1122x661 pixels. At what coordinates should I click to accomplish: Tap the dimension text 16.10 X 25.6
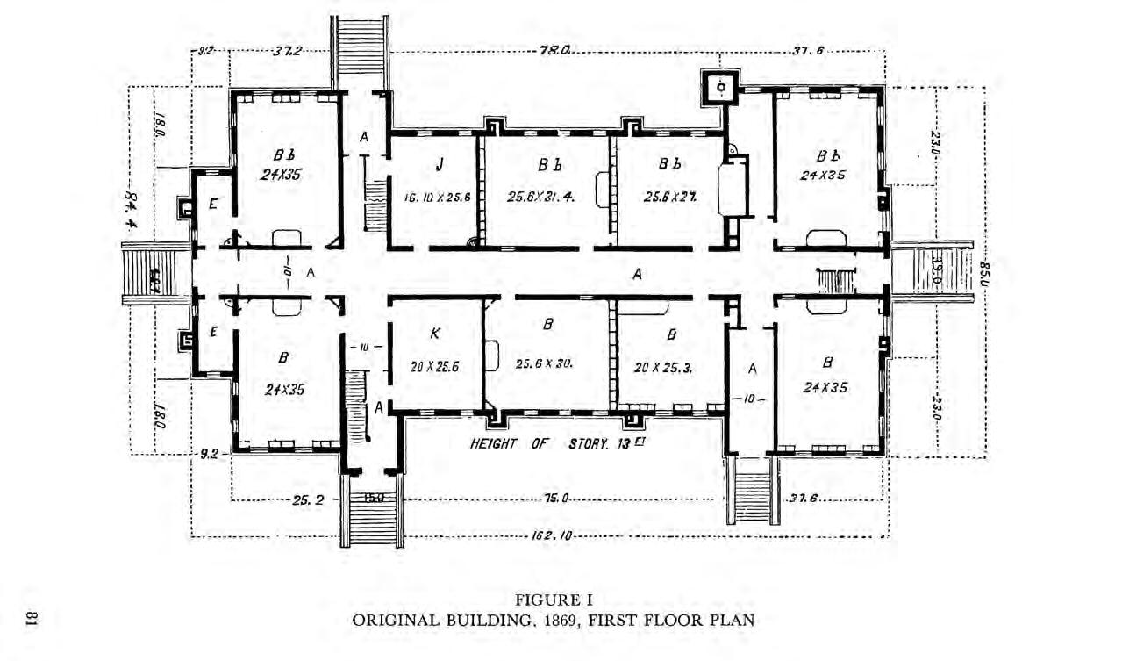(x=438, y=198)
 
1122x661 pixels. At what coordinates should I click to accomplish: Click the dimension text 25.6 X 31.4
(x=541, y=197)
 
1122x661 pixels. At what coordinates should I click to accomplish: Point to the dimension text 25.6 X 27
(x=669, y=197)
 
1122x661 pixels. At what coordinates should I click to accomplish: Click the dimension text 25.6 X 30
(x=545, y=363)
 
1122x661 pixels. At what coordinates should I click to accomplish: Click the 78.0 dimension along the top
(x=554, y=52)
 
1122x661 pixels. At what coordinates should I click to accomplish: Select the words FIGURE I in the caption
(x=553, y=601)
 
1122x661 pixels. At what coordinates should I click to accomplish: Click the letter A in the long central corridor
(x=638, y=274)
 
